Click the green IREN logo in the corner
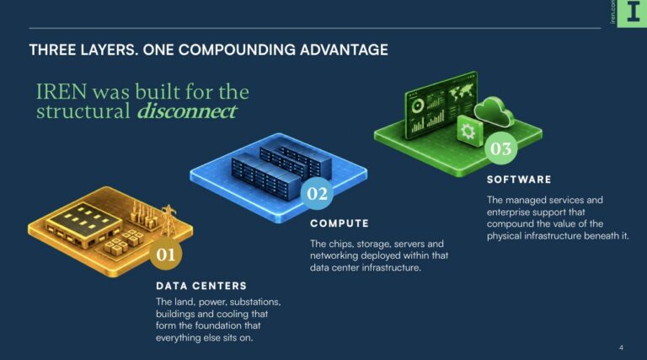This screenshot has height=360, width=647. [x=632, y=13]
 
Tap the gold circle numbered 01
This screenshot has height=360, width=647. [x=166, y=255]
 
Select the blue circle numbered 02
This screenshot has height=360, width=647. [x=317, y=193]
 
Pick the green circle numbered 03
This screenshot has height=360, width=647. [x=501, y=148]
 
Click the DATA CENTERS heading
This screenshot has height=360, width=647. [x=201, y=286]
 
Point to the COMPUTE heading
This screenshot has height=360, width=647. [x=340, y=223]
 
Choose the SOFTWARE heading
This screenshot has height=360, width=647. [x=519, y=180]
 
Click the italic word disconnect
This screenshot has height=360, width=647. [x=187, y=110]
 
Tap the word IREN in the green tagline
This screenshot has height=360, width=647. [x=61, y=92]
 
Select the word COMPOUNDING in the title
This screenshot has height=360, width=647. [x=237, y=50]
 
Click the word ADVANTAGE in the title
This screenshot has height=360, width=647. [x=344, y=50]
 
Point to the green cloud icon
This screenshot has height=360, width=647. [x=494, y=111]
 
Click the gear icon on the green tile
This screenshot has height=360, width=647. [x=468, y=132]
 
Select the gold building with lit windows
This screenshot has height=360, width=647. [x=84, y=224]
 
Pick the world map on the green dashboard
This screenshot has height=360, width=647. [x=462, y=91]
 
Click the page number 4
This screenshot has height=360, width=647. [x=621, y=347]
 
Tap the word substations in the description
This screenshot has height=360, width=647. [x=255, y=302]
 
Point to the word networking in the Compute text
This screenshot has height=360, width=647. [x=334, y=256]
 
